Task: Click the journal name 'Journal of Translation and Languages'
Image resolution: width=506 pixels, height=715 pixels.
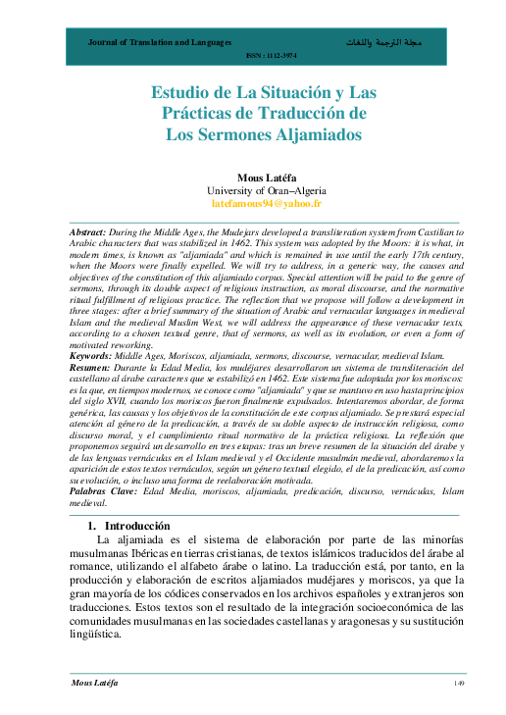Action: click(x=160, y=44)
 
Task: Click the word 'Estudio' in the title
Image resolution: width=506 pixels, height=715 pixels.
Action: click(x=182, y=93)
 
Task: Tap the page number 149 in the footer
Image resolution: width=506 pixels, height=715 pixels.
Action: click(x=457, y=683)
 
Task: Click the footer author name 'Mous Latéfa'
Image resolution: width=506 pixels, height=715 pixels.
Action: click(x=94, y=683)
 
